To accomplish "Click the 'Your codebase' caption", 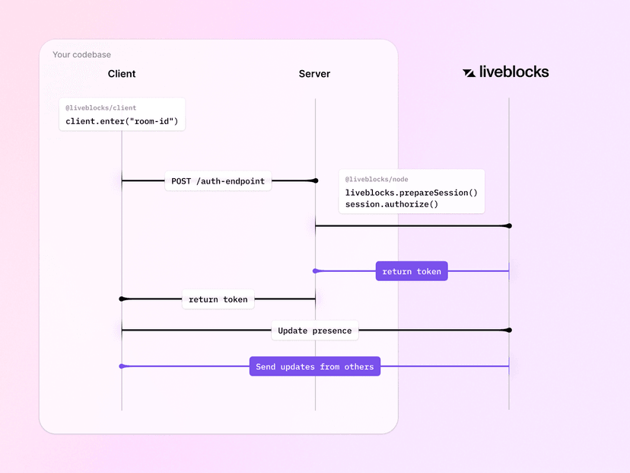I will [81, 55].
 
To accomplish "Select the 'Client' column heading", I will [122, 74].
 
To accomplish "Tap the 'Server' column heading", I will [314, 74].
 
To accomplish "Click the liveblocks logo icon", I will [469, 72].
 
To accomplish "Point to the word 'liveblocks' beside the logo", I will [514, 72].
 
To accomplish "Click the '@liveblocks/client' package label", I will [100, 108].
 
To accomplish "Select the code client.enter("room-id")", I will [122, 121].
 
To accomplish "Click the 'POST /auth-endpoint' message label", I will [218, 181].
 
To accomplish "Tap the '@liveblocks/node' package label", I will [377, 180].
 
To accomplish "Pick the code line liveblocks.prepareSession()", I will [411, 193].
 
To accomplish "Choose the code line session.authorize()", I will [392, 204].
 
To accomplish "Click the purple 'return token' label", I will [412, 271].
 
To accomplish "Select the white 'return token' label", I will [218, 299].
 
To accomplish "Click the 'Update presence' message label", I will [314, 331].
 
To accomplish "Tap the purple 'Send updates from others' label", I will [314, 366].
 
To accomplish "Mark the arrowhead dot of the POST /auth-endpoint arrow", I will [314, 181].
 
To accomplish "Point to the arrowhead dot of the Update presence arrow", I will [508, 330].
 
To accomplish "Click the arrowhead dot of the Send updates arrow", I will [123, 366].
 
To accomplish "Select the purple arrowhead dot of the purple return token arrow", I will [316, 271].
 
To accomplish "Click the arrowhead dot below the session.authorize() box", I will [508, 225].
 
